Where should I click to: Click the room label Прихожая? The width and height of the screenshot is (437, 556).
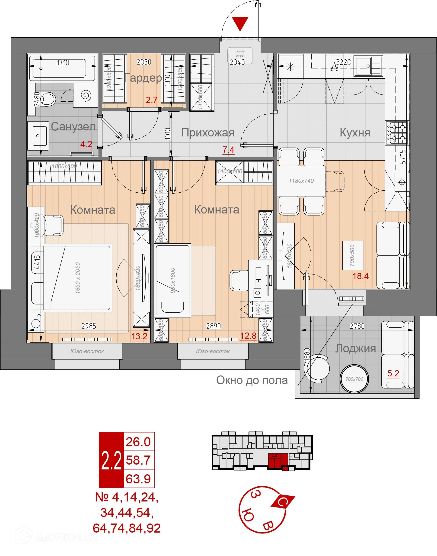pos(207,133)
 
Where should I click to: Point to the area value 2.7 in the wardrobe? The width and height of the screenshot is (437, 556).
pos(151,100)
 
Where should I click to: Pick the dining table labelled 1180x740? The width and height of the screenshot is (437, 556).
pos(301,181)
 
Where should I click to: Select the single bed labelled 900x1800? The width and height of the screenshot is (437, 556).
pos(173,280)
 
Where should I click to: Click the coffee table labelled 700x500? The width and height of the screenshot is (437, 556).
pos(352,255)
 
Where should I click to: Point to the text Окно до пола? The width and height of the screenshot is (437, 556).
pos(252,380)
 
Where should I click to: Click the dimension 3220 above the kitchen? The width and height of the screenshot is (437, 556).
pos(343,62)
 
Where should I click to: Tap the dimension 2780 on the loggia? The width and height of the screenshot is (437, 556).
pos(357,326)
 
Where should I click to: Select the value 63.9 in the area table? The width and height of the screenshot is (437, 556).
pos(138,479)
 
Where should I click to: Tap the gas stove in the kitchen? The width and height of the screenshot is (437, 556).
pos(397,133)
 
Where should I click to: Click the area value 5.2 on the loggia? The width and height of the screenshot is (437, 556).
pos(393,373)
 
